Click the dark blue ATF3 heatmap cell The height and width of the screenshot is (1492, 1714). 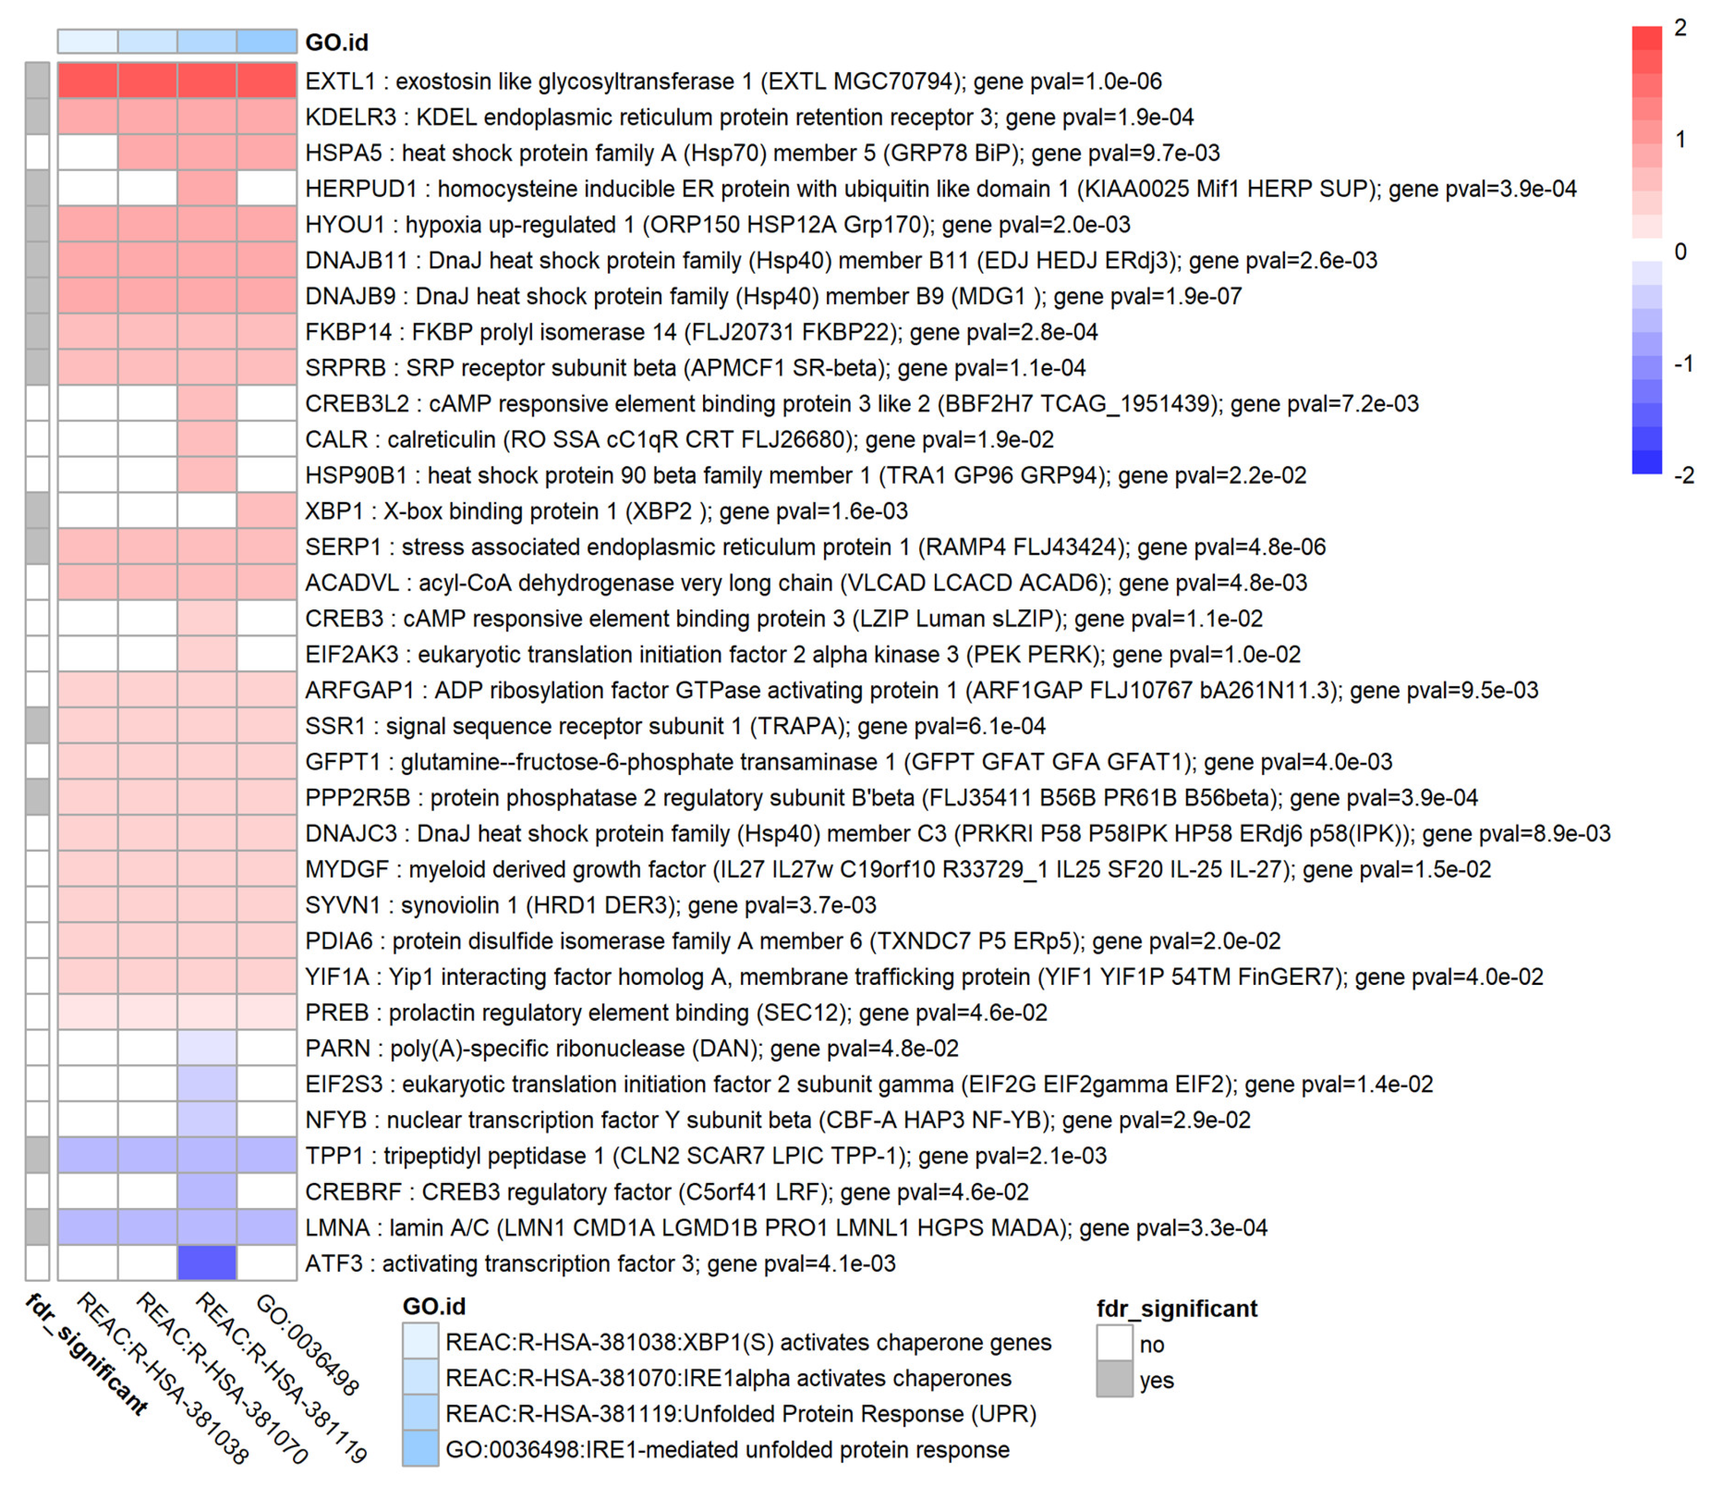tap(206, 1263)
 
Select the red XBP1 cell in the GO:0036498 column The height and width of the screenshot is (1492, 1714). tap(266, 511)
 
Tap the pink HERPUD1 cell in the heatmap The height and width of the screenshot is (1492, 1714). tap(206, 188)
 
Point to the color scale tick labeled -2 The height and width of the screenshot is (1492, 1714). tap(1683, 475)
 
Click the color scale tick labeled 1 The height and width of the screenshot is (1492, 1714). tap(1680, 139)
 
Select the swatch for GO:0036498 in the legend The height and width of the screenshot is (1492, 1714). tap(421, 1450)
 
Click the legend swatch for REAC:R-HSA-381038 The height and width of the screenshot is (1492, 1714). tap(421, 1342)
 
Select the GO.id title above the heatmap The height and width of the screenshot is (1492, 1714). tap(337, 42)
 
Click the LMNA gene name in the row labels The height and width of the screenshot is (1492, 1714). tap(337, 1227)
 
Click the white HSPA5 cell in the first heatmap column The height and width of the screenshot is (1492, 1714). tap(87, 152)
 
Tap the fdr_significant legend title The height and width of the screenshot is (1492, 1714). tap(1176, 1308)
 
